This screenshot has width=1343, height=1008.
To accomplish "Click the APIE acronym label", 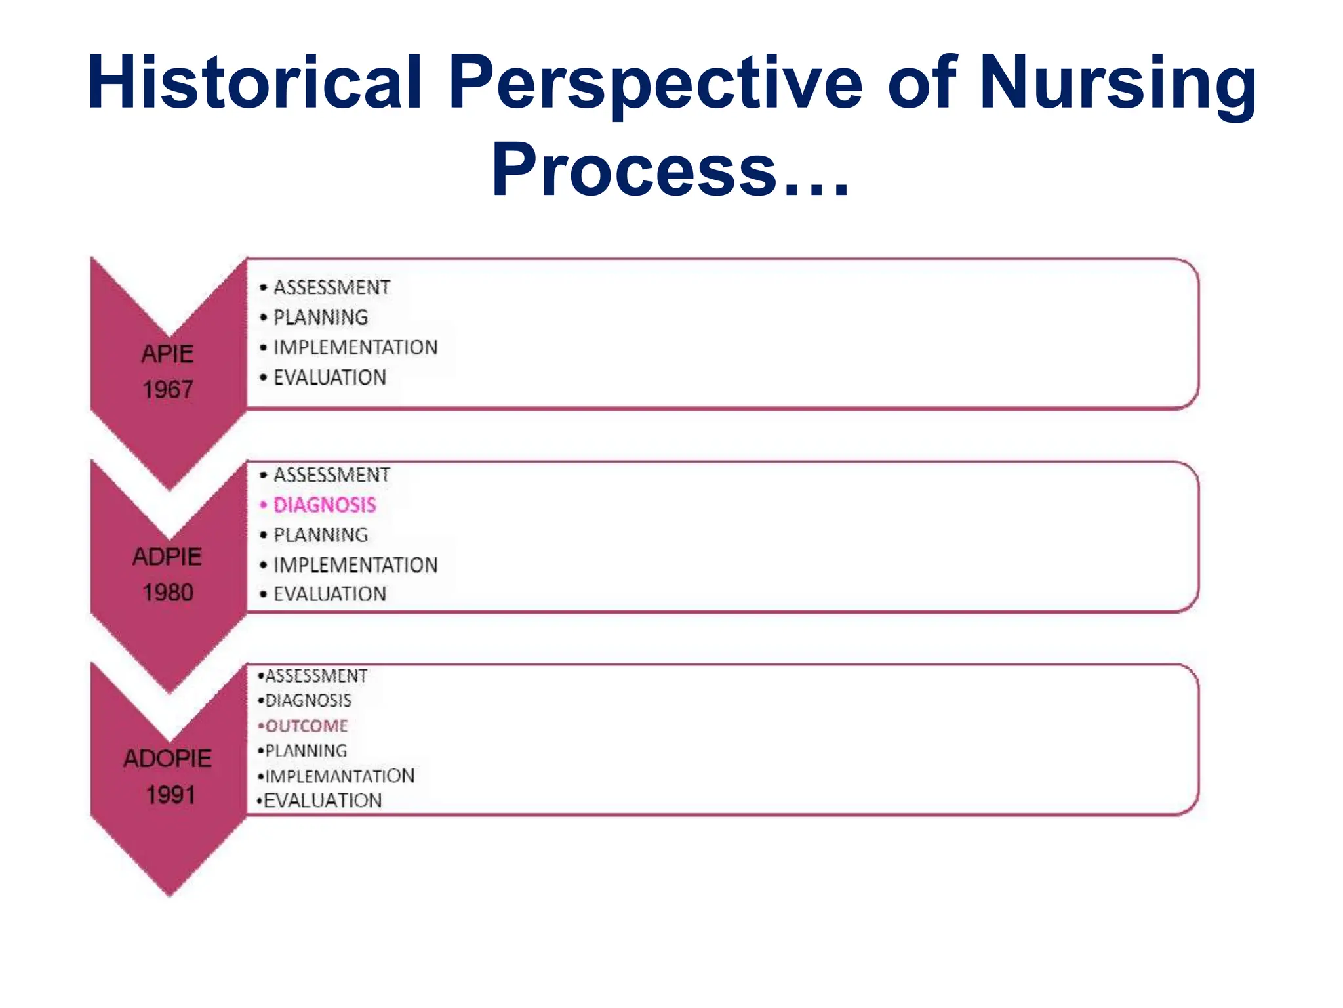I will pos(168,354).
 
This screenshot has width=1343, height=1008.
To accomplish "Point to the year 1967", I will pos(168,390).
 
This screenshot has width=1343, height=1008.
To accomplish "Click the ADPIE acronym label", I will pos(167,557).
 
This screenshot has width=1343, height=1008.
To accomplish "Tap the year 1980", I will pos(168,593).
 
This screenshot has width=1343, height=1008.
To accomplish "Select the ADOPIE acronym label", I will pos(168,759).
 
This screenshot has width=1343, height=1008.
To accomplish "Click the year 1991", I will pos(170,795).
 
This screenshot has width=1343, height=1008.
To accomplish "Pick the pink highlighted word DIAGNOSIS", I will pos(325,505).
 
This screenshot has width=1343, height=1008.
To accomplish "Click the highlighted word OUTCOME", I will pos(306,726).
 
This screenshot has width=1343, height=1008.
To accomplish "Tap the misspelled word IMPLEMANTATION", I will pos(340,776).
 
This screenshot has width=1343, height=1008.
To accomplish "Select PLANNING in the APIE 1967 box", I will pos(321,318).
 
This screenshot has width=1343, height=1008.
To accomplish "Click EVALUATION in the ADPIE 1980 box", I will pos(330,594).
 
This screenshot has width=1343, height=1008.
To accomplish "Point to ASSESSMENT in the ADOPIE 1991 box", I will pos(316,676).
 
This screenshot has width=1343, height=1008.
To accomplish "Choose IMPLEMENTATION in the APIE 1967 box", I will pos(355,347).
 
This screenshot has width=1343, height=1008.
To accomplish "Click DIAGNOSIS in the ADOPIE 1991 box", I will pos(308,701).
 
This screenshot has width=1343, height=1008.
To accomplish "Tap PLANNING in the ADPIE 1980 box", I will pos(321,535).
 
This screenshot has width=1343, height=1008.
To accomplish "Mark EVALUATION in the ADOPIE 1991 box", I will pos(323,801).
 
